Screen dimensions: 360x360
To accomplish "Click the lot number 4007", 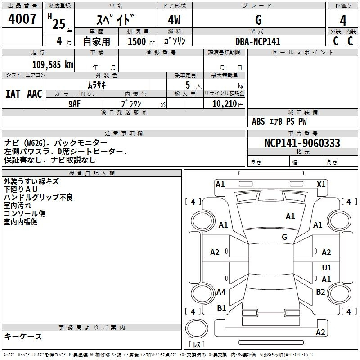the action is click(22, 19).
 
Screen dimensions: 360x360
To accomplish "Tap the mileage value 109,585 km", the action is click(53, 65).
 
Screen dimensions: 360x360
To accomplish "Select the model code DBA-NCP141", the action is click(258, 41).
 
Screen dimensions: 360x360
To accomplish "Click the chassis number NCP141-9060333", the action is click(302, 143).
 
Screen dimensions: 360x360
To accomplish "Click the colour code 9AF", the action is click(75, 104).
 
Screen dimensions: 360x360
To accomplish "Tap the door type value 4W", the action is click(174, 20).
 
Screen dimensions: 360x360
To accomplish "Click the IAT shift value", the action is click(13, 94).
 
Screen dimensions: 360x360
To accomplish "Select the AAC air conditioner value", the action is click(35, 94).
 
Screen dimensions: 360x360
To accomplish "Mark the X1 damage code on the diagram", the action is click(321, 184).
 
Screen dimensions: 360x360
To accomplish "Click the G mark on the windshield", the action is click(284, 237).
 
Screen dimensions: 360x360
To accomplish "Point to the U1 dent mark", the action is click(327, 267).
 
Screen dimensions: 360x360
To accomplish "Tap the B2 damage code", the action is click(320, 292).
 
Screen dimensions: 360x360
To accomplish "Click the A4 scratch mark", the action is click(221, 292).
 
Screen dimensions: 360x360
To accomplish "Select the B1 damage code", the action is click(221, 308).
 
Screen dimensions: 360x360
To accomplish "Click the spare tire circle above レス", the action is click(197, 328).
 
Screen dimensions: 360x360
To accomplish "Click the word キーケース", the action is click(23, 336).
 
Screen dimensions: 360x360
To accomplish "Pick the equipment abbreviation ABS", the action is click(258, 121).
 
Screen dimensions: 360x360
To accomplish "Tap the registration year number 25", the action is click(59, 24).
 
